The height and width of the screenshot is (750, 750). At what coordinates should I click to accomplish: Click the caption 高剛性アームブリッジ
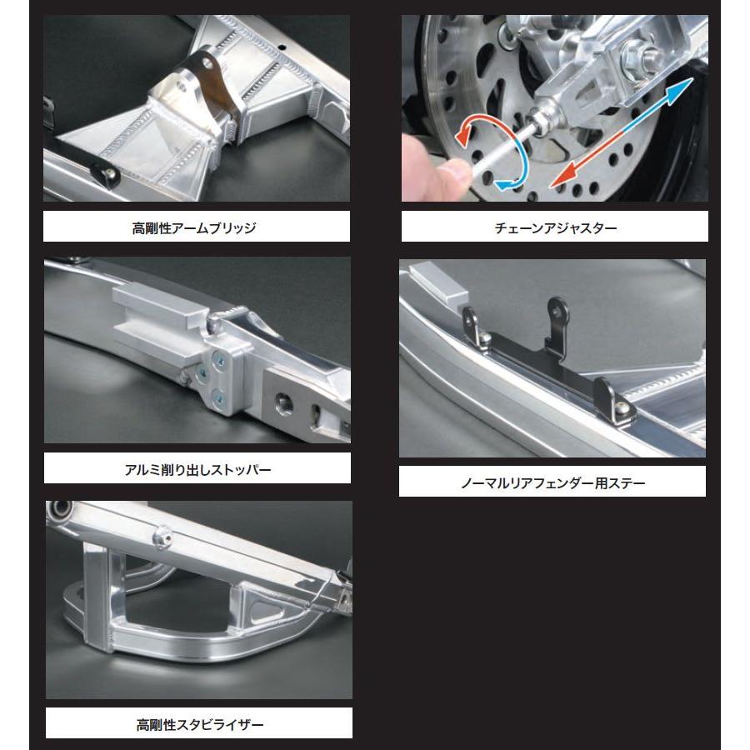194,227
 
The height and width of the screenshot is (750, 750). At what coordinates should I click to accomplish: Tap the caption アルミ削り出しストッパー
197,469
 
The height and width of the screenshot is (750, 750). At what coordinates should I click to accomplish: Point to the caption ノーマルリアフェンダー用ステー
552,482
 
